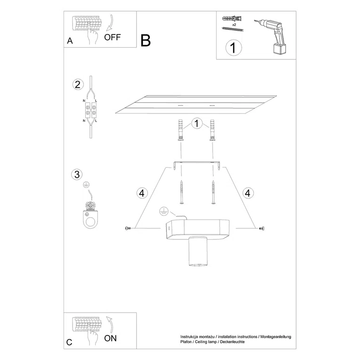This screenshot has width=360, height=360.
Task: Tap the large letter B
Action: [x=146, y=41]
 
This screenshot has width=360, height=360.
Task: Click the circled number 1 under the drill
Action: [x=232, y=48]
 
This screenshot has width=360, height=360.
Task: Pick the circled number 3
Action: [x=77, y=174]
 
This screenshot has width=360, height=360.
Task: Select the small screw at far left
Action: [x=127, y=229]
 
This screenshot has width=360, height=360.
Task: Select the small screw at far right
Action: [x=262, y=229]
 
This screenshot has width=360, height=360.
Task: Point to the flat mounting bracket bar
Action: [x=197, y=163]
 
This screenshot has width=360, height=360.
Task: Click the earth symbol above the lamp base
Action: [x=164, y=210]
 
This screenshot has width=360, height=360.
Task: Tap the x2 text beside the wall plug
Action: [x=234, y=23]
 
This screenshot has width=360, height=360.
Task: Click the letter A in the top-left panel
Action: [x=70, y=41]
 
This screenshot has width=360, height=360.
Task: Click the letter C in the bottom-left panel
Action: [x=70, y=343]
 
